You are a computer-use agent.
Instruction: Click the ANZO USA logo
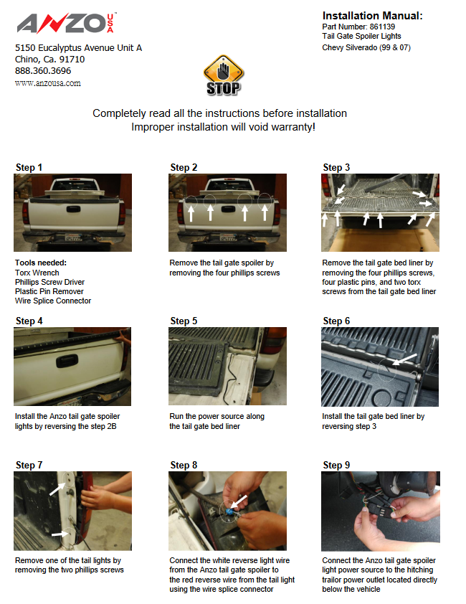(x=66, y=23)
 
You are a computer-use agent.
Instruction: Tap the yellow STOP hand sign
(x=224, y=75)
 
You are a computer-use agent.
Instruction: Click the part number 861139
(x=382, y=27)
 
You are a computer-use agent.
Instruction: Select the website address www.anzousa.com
(x=48, y=83)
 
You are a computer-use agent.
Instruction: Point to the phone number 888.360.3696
(x=43, y=71)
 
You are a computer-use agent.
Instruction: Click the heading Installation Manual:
(x=372, y=16)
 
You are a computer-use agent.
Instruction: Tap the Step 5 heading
(x=184, y=321)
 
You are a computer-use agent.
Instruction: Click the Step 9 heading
(x=336, y=465)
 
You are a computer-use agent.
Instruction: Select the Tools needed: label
(x=41, y=263)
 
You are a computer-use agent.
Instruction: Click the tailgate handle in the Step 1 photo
(x=73, y=209)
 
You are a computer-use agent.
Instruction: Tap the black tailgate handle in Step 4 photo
(x=67, y=361)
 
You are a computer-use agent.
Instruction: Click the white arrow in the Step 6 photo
(x=404, y=359)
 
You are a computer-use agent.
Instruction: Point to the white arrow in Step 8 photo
(x=239, y=502)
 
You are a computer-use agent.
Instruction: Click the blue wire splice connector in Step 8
(x=229, y=512)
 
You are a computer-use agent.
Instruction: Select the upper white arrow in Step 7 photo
(x=57, y=489)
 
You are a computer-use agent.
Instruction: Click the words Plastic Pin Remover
(x=49, y=292)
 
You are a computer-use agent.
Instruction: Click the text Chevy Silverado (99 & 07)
(x=366, y=47)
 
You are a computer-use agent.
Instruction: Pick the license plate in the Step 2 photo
(x=228, y=238)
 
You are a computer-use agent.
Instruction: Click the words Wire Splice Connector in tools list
(x=53, y=301)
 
